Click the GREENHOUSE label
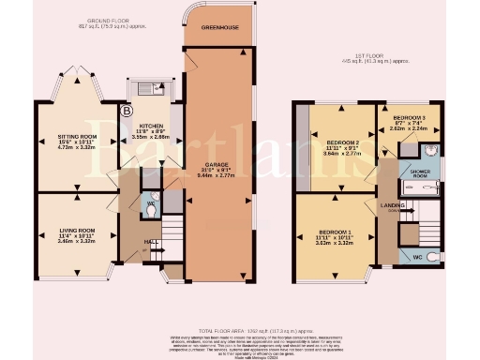coord(217,28)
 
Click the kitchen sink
coord(148,91)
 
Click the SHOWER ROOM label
coord(414,172)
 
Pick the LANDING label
coord(394,204)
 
